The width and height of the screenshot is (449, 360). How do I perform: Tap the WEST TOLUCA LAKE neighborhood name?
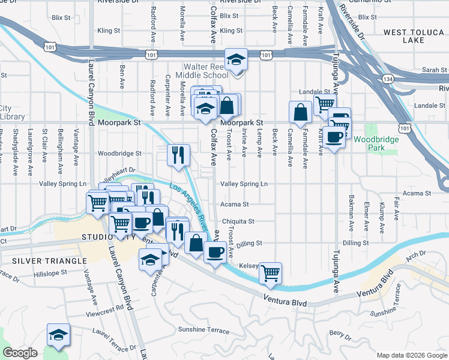[x=411, y=37]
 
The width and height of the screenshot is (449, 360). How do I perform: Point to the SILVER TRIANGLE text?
[x=49, y=262]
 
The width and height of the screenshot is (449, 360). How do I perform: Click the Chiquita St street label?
[x=238, y=221]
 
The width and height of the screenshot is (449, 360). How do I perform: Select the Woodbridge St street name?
[x=119, y=153]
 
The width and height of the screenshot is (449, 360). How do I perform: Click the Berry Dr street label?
[x=340, y=333]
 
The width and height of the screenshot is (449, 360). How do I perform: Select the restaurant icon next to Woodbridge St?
[x=178, y=155]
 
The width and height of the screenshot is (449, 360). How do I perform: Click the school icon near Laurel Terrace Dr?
[x=58, y=335]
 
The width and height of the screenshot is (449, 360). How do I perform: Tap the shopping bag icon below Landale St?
[x=300, y=112]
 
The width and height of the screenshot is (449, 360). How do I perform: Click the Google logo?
[x=20, y=353]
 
